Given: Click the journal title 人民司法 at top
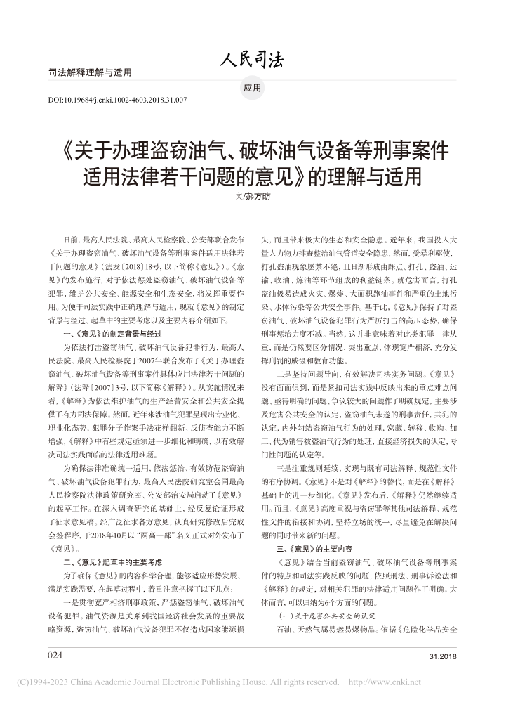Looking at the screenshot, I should pyautogui.click(x=253, y=60).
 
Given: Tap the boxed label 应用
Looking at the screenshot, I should pyautogui.click(x=253, y=89).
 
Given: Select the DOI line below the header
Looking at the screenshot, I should pyautogui.click(x=116, y=100).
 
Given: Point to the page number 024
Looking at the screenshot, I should pyautogui.click(x=55, y=654).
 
